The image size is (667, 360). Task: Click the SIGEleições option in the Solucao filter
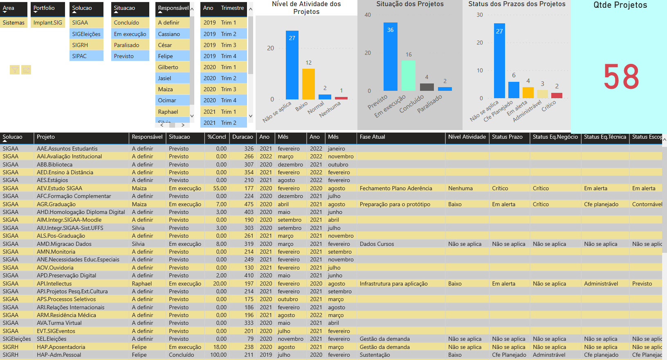tap(86, 34)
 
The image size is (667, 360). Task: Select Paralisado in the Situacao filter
tap(126, 45)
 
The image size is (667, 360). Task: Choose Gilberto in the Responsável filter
tap(168, 67)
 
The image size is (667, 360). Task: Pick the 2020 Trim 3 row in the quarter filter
tap(220, 89)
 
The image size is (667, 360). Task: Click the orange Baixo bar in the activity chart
tap(308, 84)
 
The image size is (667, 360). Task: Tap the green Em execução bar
tap(408, 76)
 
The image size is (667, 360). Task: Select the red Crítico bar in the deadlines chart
tap(557, 96)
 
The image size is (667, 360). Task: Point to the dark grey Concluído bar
tap(427, 87)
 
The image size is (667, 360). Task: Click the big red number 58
tap(621, 77)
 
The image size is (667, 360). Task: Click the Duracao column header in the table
tap(243, 137)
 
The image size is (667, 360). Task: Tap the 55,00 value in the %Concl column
tap(220, 188)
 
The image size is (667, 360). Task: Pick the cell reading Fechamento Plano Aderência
tap(396, 188)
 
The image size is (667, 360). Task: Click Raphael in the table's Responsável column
tap(142, 283)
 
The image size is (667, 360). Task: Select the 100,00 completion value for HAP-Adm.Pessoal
tap(218, 355)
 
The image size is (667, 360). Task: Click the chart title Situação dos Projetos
tap(410, 4)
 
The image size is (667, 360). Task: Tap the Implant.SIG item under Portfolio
tap(47, 22)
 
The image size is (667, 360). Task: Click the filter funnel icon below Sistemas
tap(15, 70)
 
